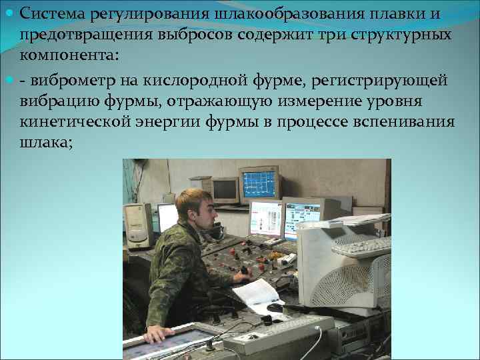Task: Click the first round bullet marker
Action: [9, 13]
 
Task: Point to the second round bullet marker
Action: [9, 81]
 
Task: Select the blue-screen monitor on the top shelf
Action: [259, 183]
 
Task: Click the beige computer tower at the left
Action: [138, 226]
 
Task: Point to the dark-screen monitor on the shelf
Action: [225, 190]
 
